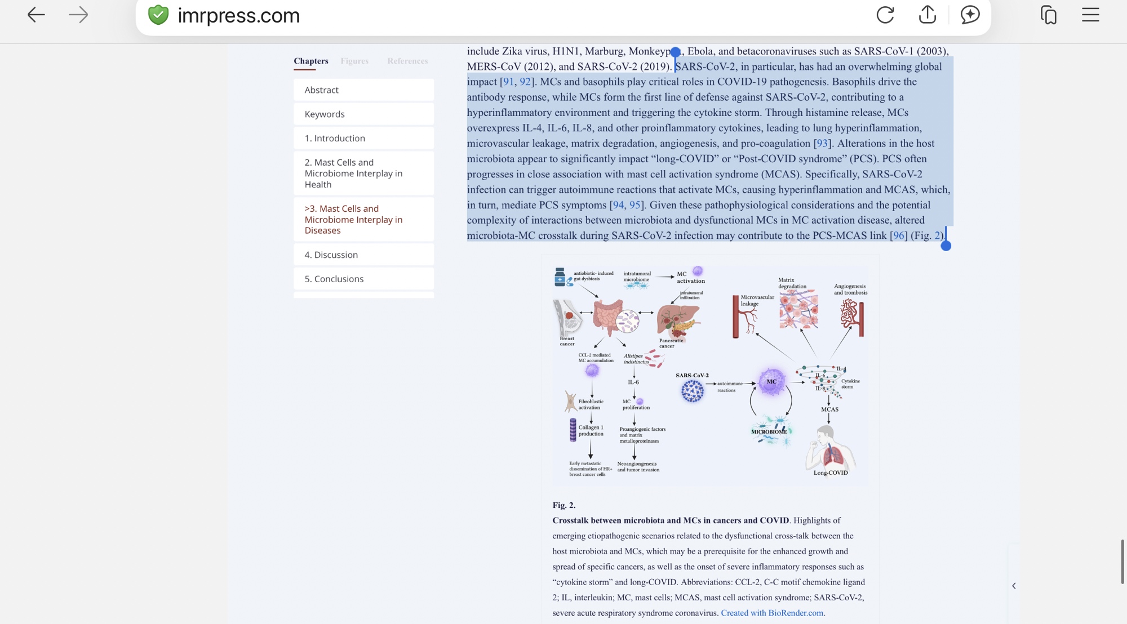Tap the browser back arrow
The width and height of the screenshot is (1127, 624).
pyautogui.click(x=36, y=15)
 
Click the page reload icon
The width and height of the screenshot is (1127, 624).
pyautogui.click(x=885, y=15)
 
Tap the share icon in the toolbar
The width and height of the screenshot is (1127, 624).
pyautogui.click(x=927, y=15)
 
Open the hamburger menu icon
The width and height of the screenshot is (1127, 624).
pyautogui.click(x=1090, y=15)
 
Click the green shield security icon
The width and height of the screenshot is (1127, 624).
pyautogui.click(x=158, y=15)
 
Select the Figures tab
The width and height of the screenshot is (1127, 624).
pyautogui.click(x=354, y=61)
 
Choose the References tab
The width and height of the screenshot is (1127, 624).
pyautogui.click(x=407, y=61)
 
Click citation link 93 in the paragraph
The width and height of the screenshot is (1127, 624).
pyautogui.click(x=822, y=144)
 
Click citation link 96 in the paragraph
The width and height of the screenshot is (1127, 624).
pyautogui.click(x=898, y=236)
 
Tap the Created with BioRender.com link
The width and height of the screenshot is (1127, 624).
pyautogui.click(x=772, y=613)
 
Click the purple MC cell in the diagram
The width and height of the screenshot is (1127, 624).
pyautogui.click(x=771, y=382)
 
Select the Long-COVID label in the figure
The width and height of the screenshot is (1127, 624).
pyautogui.click(x=831, y=473)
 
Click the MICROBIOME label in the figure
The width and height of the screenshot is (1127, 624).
pyautogui.click(x=769, y=432)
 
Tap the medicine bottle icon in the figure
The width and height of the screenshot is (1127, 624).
pyautogui.click(x=560, y=277)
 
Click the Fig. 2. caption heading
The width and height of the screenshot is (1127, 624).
pyautogui.click(x=564, y=506)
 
